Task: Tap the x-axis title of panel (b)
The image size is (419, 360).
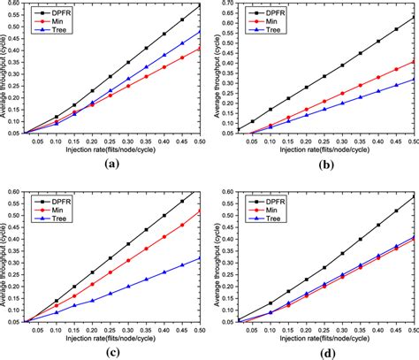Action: point(321,149)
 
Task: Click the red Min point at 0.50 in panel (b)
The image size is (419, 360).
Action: point(412,61)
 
